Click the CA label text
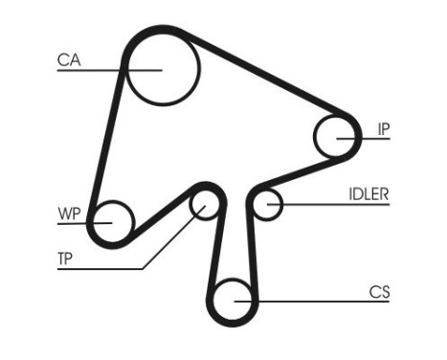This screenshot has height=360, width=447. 68,60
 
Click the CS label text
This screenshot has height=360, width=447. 380,292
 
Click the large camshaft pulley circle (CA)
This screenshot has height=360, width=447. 161,69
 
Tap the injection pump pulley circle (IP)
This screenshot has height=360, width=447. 338,137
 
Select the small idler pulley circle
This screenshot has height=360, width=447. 268,204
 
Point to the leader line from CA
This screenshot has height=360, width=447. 96,69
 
